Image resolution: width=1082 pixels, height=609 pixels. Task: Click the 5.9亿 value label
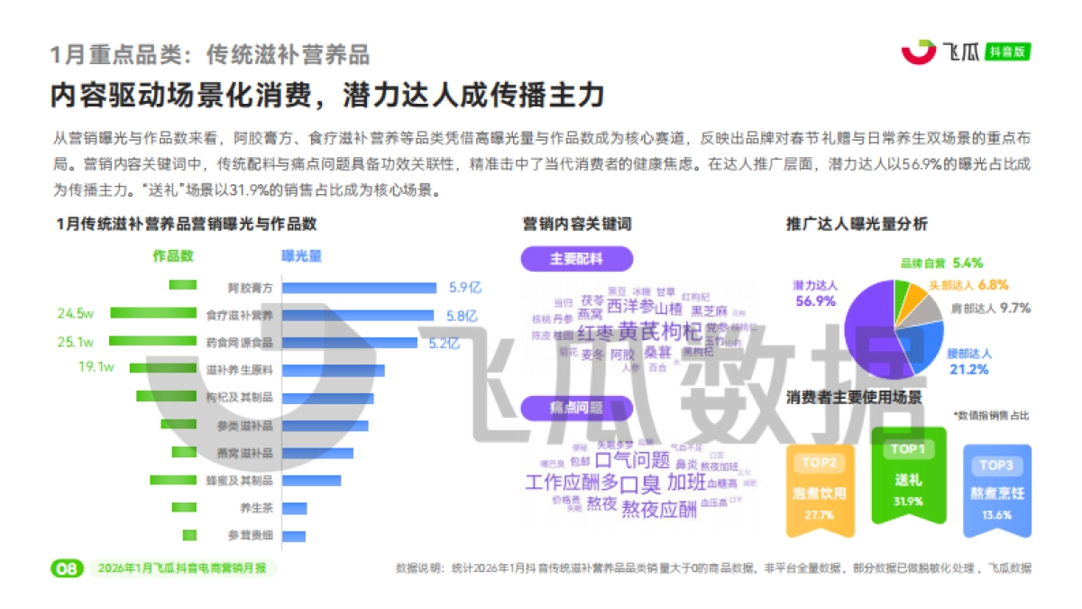tap(466, 288)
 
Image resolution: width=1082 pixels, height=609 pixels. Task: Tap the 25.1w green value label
tap(75, 342)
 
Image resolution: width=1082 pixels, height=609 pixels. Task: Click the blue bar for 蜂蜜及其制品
tap(311, 480)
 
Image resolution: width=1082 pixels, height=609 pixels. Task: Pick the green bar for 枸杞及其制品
tap(166, 397)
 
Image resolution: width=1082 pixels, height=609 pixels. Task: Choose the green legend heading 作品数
tap(173, 256)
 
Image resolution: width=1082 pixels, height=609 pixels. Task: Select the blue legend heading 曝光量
tap(301, 256)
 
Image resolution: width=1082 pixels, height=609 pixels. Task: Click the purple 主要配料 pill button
tap(576, 259)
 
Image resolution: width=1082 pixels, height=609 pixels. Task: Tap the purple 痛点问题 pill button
tap(576, 408)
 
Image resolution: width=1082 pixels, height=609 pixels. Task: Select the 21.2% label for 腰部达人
tap(967, 369)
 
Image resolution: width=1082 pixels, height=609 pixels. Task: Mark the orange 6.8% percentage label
tap(993, 284)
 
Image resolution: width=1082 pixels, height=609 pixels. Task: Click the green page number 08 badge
tap(68, 568)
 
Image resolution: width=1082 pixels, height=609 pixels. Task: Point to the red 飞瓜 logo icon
tap(919, 52)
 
